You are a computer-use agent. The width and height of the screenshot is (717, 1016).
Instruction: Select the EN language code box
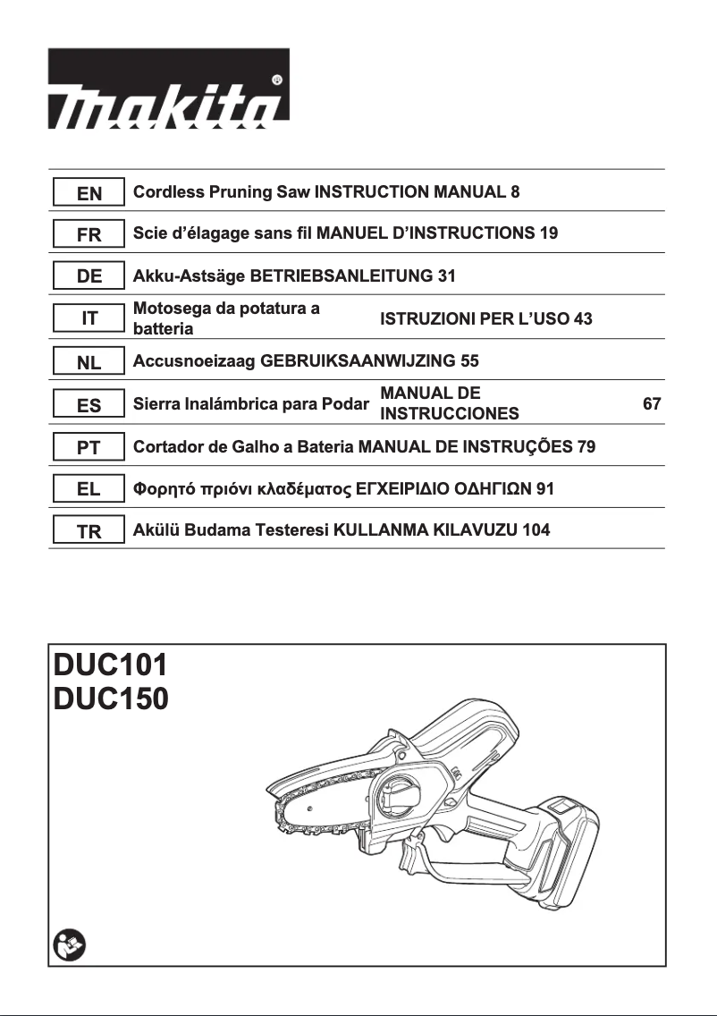click(89, 192)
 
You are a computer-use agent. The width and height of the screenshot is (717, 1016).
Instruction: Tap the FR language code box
click(89, 234)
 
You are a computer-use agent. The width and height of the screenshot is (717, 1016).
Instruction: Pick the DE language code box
click(89, 276)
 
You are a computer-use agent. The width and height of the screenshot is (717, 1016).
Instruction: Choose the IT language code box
click(89, 318)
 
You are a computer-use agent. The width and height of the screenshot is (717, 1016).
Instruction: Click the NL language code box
click(89, 362)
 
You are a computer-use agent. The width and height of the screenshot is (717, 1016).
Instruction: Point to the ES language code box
click(89, 405)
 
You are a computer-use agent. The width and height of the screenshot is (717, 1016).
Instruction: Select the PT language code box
click(89, 447)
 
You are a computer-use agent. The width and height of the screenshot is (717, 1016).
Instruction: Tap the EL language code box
click(89, 489)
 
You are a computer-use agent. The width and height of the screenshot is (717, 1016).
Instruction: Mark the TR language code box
click(89, 531)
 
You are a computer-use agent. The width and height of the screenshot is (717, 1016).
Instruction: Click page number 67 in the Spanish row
click(652, 404)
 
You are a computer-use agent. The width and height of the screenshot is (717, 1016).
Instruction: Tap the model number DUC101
click(110, 666)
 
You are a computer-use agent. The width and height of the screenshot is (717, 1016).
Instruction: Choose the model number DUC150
click(110, 698)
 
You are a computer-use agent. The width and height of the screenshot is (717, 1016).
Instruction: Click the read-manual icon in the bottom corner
click(66, 944)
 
